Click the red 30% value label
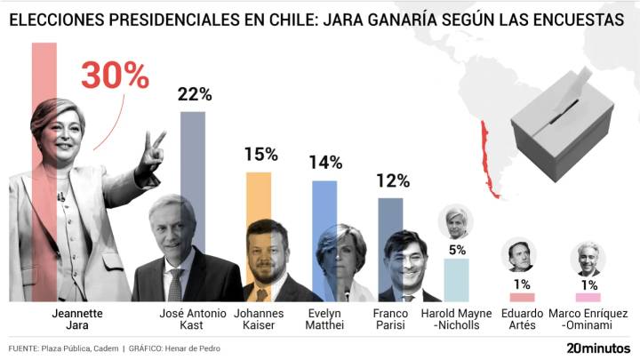(115, 76)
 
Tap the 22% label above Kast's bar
(194, 94)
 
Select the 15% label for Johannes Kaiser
(260, 154)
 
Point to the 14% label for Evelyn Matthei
(325, 162)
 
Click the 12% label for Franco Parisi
(392, 180)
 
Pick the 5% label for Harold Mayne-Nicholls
(457, 250)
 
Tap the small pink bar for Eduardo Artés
(522, 297)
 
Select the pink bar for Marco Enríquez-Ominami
(588, 297)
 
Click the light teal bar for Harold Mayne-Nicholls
(457, 279)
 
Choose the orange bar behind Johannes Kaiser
(259, 196)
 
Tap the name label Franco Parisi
(391, 320)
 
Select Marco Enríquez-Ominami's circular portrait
(587, 259)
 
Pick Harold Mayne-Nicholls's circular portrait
(456, 220)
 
